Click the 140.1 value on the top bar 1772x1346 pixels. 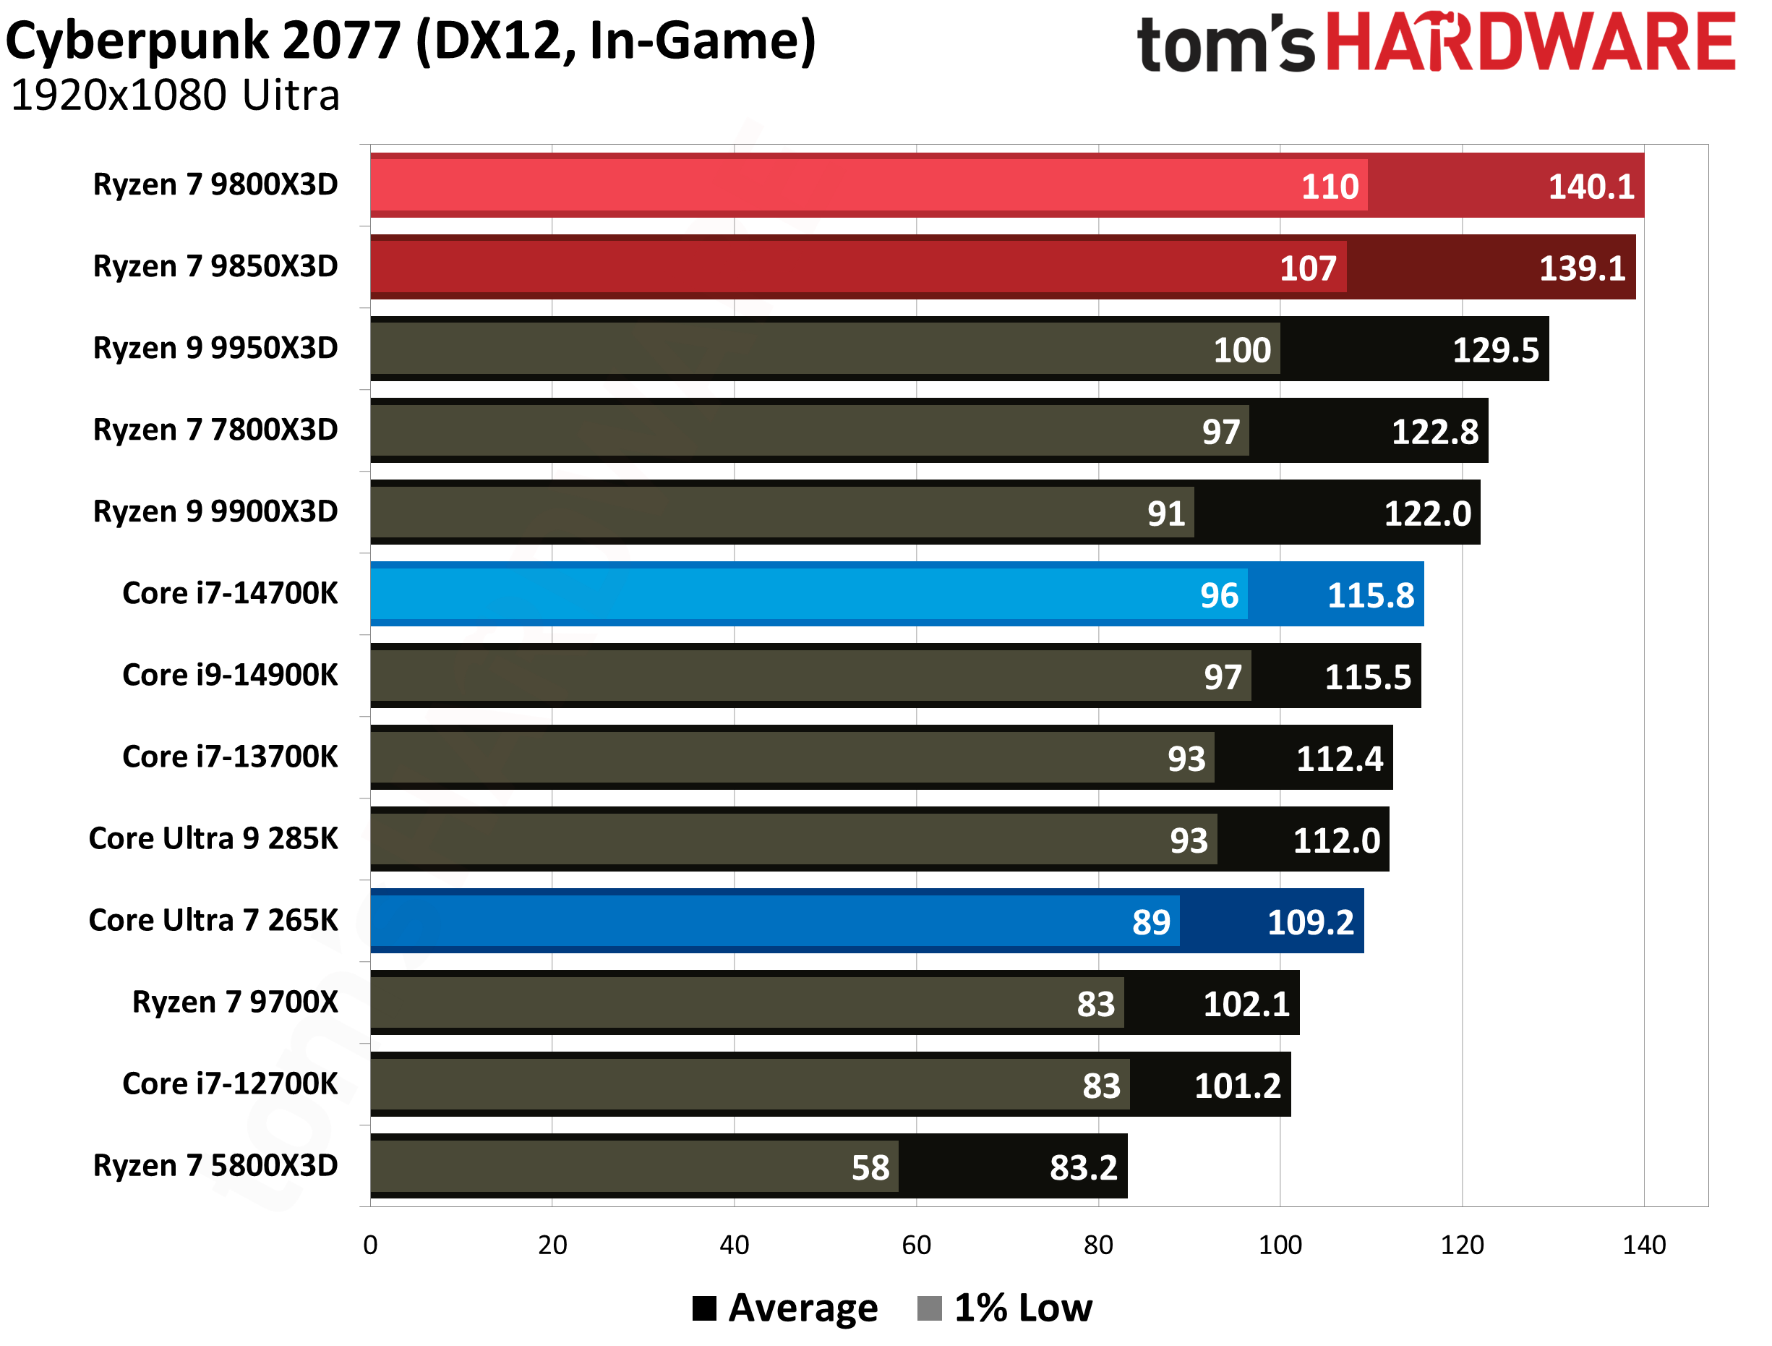click(x=1590, y=187)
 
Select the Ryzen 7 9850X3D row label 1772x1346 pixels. click(x=215, y=266)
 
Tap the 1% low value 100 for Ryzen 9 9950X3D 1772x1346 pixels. click(x=1241, y=350)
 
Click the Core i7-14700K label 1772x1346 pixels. click(x=230, y=593)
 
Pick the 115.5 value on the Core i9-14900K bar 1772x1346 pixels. click(x=1366, y=677)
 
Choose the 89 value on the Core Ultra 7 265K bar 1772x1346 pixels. click(x=1150, y=922)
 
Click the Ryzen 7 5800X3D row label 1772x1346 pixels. click(x=215, y=1165)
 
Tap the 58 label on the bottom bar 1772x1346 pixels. click(x=870, y=1167)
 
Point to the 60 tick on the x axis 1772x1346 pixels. click(x=915, y=1245)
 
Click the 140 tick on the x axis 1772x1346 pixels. click(x=1643, y=1245)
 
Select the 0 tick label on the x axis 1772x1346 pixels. click(x=370, y=1245)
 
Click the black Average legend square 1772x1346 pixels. click(x=704, y=1308)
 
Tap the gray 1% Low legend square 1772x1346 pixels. click(x=928, y=1308)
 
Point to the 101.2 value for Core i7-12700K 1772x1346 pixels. click(x=1237, y=1086)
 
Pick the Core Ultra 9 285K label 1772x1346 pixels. click(x=213, y=838)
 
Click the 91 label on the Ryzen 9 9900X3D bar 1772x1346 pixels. click(x=1165, y=514)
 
